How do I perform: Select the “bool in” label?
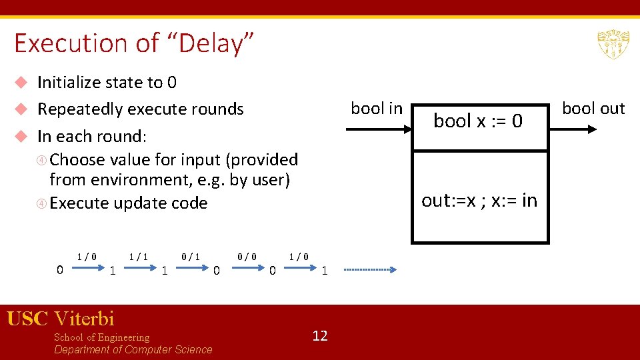pyautogui.click(x=377, y=109)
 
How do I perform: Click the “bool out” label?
pyautogui.click(x=593, y=109)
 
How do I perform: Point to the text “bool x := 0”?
pyautogui.click(x=478, y=121)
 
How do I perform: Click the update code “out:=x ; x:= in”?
pyautogui.click(x=479, y=201)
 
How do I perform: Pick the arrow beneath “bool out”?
pyautogui.click(x=580, y=129)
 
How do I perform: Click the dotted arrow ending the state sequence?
pyautogui.click(x=370, y=270)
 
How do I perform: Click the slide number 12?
pyautogui.click(x=320, y=336)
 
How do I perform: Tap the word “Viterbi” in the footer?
pyautogui.click(x=85, y=319)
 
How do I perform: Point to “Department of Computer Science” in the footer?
pyautogui.click(x=133, y=350)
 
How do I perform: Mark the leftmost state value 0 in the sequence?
pyautogui.click(x=59, y=270)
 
